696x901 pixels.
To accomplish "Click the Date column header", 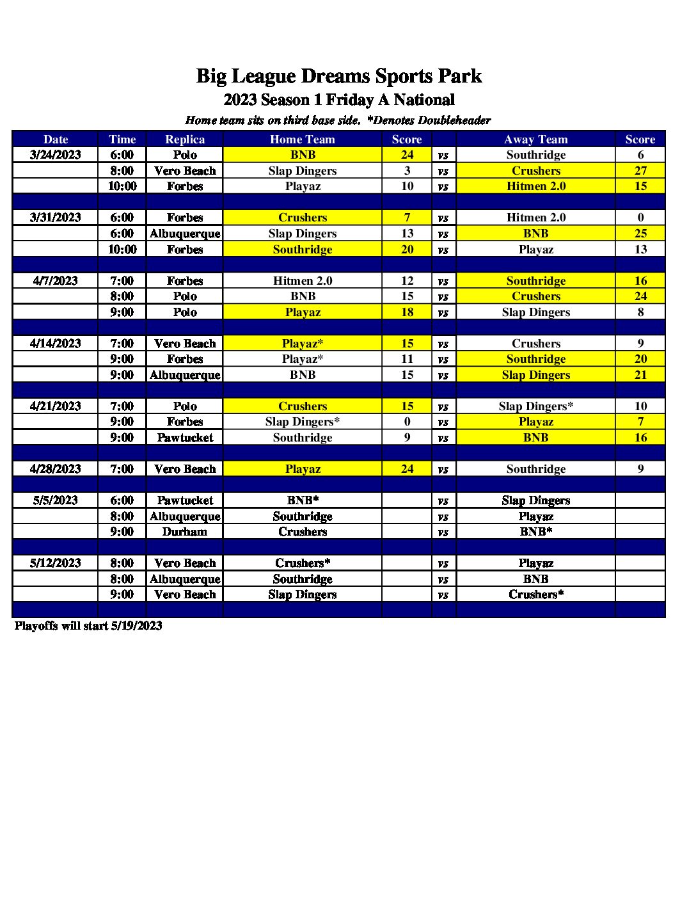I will [56, 140].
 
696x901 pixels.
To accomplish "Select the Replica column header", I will [185, 140].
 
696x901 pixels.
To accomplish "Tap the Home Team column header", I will [303, 140].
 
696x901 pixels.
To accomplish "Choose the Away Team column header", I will [535, 140].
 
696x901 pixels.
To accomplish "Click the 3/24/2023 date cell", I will [56, 155].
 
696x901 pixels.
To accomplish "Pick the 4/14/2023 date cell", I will [56, 344].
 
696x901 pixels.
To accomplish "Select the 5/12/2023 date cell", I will [56, 563].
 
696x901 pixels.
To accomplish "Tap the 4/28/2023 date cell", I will [56, 469].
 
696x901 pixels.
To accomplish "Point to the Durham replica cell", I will [185, 532].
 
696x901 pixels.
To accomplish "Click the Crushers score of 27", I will [640, 171].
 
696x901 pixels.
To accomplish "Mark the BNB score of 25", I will [640, 234].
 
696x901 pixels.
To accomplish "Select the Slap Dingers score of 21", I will [640, 375].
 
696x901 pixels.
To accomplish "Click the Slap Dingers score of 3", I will [407, 171].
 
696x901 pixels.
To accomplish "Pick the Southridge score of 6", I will [640, 155].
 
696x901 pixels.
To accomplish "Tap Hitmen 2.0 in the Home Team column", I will [303, 281].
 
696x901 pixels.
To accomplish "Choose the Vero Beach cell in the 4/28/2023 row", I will [185, 469].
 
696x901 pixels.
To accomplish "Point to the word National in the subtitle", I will [424, 100].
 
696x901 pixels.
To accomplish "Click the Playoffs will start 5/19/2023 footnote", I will [88, 626].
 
